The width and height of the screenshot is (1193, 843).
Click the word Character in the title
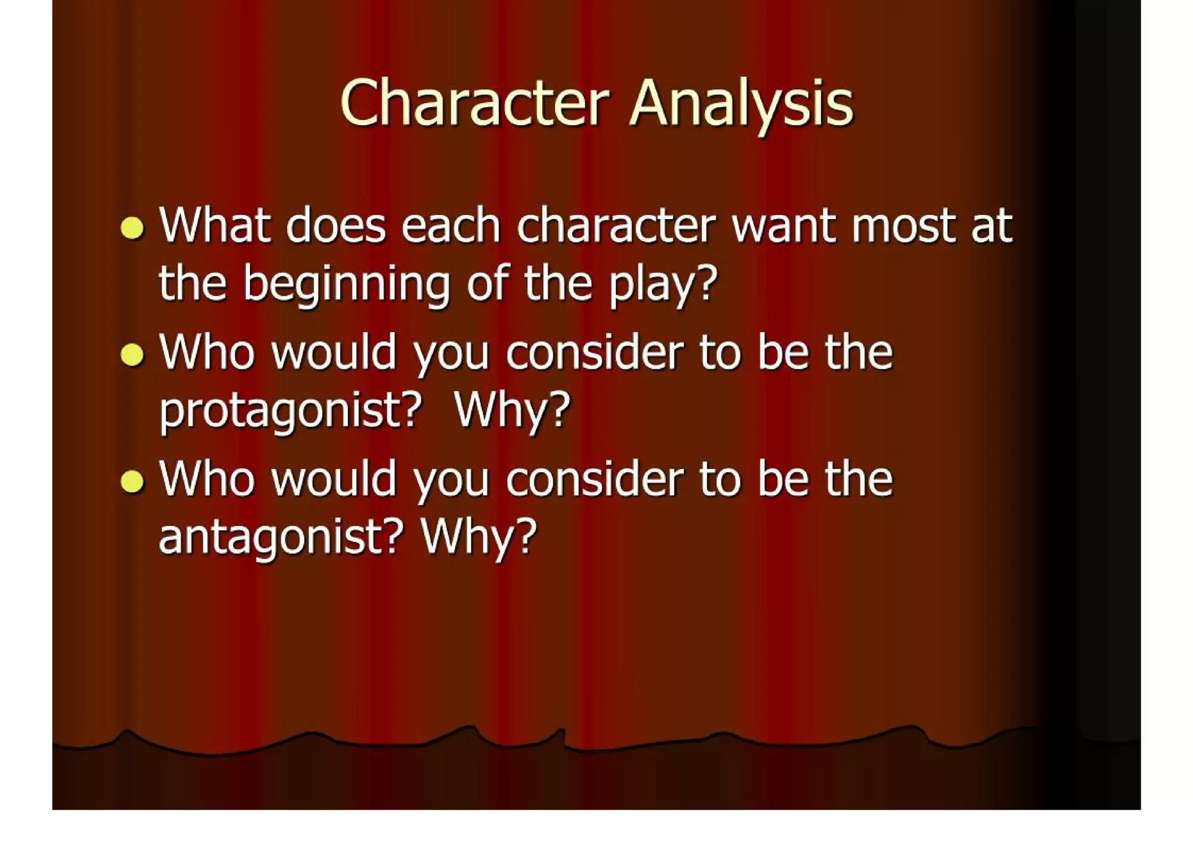click(475, 104)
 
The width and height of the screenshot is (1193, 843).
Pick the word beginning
click(347, 284)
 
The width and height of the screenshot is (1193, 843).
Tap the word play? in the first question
click(663, 284)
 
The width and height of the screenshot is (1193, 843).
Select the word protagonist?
click(290, 411)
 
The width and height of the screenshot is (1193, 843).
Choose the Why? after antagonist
click(478, 537)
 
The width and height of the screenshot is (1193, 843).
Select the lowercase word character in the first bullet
click(616, 226)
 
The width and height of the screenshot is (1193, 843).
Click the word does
click(336, 226)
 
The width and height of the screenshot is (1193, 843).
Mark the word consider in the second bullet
click(594, 353)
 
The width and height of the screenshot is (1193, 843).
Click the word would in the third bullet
click(334, 479)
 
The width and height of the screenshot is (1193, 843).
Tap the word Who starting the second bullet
click(207, 353)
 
